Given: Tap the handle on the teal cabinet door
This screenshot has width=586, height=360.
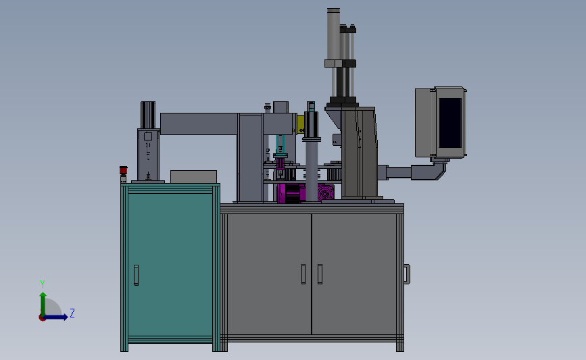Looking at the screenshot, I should (x=136, y=275).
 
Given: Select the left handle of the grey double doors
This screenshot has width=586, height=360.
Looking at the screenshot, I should (x=303, y=274).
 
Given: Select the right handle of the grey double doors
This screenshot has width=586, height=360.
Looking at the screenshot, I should (x=320, y=274).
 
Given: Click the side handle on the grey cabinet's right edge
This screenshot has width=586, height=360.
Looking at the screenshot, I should (x=407, y=273).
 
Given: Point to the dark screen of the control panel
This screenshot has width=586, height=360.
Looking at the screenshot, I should (x=450, y=124).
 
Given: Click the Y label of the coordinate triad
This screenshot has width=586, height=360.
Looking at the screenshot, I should (x=42, y=284).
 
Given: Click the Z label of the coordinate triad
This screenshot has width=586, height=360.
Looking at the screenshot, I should (x=72, y=313).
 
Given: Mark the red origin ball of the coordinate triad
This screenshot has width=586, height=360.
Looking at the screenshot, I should (x=43, y=317).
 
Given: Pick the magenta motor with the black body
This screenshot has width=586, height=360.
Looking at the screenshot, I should (x=291, y=193).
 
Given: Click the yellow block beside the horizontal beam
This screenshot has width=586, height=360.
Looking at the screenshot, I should (x=299, y=124).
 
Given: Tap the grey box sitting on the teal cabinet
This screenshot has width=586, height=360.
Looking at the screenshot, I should (x=193, y=176).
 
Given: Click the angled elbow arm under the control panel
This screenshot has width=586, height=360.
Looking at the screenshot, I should (x=437, y=172).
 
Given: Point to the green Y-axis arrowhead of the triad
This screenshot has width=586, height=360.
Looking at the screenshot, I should (x=43, y=296).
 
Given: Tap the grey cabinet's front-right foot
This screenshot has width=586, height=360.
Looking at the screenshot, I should (x=400, y=346).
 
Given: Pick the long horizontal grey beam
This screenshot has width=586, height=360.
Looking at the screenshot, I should (x=199, y=123).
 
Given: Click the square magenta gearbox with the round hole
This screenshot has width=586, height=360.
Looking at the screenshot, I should (x=327, y=193).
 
